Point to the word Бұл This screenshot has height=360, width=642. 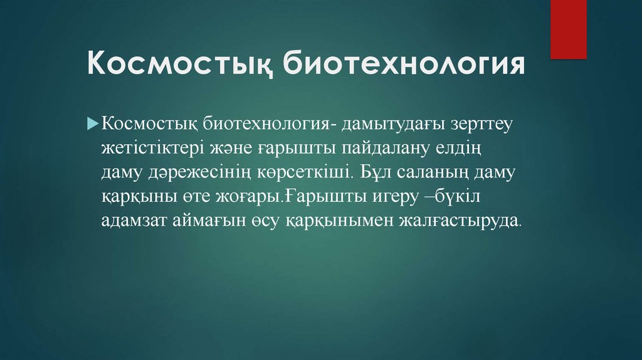[373, 171]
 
